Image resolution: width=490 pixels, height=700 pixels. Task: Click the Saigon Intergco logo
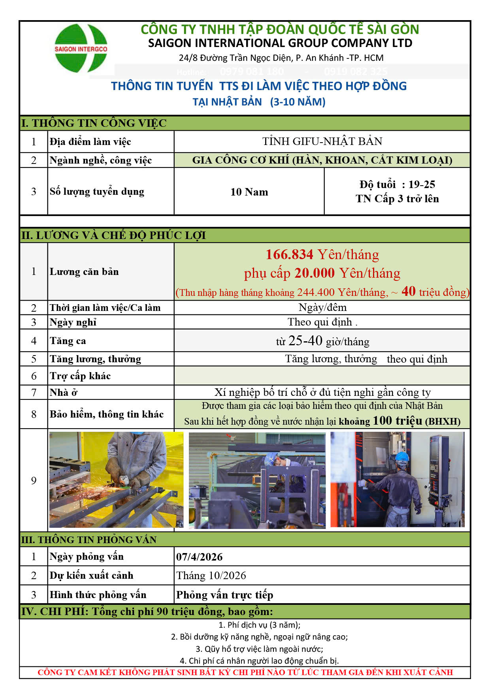81,49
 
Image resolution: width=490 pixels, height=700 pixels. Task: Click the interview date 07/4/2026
200,557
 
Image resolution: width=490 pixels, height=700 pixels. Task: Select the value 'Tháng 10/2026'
211,576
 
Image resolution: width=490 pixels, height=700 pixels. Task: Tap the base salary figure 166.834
289,255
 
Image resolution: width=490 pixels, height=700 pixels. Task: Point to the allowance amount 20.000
315,273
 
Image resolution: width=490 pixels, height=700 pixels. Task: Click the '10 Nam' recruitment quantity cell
249,192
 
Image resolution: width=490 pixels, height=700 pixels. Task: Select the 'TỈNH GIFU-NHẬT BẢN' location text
322,141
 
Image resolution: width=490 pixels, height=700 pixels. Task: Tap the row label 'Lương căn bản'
84,272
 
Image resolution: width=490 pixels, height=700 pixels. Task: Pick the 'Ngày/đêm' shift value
322,307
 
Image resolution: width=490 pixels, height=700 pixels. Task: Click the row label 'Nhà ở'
64,393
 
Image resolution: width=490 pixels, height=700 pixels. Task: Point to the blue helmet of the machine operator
402,457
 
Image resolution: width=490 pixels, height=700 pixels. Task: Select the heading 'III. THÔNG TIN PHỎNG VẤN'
89,540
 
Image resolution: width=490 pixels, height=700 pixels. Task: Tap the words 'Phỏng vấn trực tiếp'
224,595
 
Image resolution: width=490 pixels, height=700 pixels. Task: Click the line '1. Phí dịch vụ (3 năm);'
259,625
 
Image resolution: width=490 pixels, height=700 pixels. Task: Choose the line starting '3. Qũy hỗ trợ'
259,649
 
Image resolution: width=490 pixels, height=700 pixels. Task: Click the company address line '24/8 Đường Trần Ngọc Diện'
281,58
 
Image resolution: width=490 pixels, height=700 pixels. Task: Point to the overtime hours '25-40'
305,341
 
